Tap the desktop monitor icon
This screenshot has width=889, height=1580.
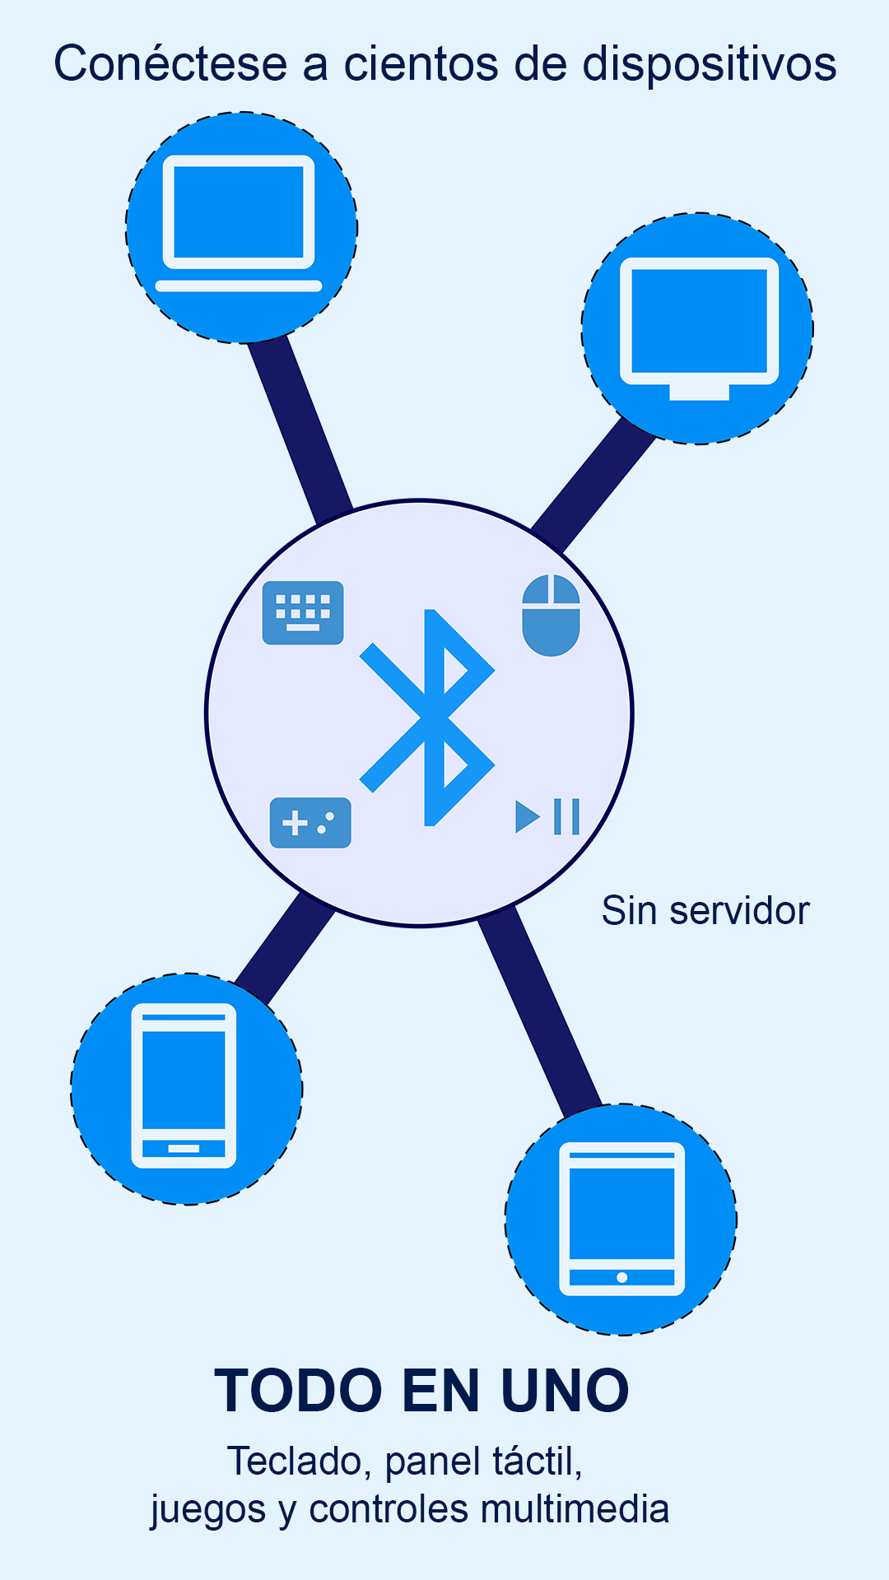click(x=699, y=328)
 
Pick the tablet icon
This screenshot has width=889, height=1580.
click(x=621, y=1219)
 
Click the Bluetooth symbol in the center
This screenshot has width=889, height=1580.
click(x=427, y=718)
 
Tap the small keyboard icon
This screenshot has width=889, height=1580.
click(x=303, y=613)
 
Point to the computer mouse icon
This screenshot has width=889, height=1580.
click(x=552, y=616)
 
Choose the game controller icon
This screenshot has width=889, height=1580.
click(x=310, y=823)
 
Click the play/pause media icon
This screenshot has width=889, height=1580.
click(x=547, y=816)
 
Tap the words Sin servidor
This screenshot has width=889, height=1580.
click(x=705, y=911)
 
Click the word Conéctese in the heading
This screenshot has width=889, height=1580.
click(x=171, y=64)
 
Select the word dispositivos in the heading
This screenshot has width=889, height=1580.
click(x=710, y=64)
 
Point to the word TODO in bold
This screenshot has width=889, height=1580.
click(x=299, y=1391)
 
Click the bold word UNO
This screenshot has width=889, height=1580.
click(x=565, y=1391)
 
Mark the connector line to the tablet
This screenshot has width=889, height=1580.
click(x=540, y=1013)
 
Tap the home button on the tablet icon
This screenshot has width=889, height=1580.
click(x=622, y=1277)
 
